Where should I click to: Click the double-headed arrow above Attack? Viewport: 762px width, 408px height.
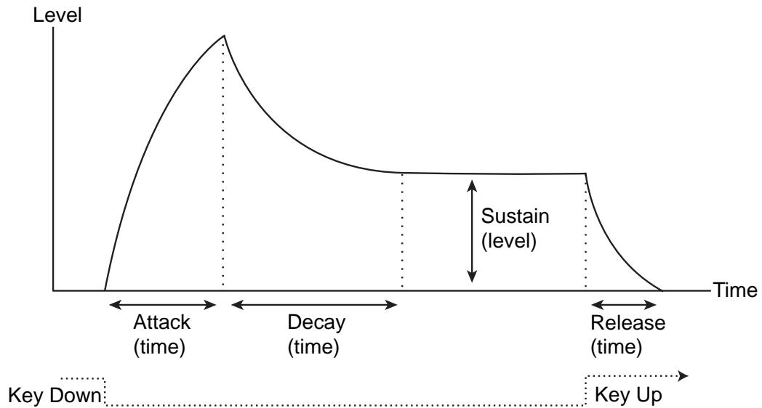(x=161, y=305)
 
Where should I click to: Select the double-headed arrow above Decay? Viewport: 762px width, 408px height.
(x=314, y=305)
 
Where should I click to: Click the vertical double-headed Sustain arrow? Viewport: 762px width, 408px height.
(x=472, y=231)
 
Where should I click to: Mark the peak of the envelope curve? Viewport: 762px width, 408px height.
(x=223, y=35)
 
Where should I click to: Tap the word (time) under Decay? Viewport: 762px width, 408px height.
(x=314, y=347)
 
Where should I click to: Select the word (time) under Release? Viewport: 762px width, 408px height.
(x=617, y=347)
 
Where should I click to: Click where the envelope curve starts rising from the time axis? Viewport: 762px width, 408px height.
(x=105, y=290)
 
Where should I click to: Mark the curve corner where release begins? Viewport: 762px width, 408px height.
(x=585, y=174)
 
